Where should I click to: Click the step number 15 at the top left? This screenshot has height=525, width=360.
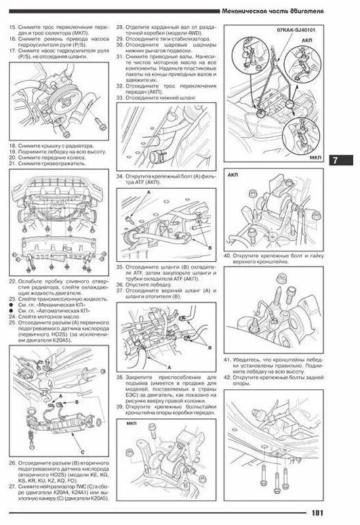[x=12, y=26]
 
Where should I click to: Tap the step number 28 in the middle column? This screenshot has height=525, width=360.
[x=119, y=26]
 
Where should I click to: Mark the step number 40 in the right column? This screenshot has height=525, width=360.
[x=227, y=254]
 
